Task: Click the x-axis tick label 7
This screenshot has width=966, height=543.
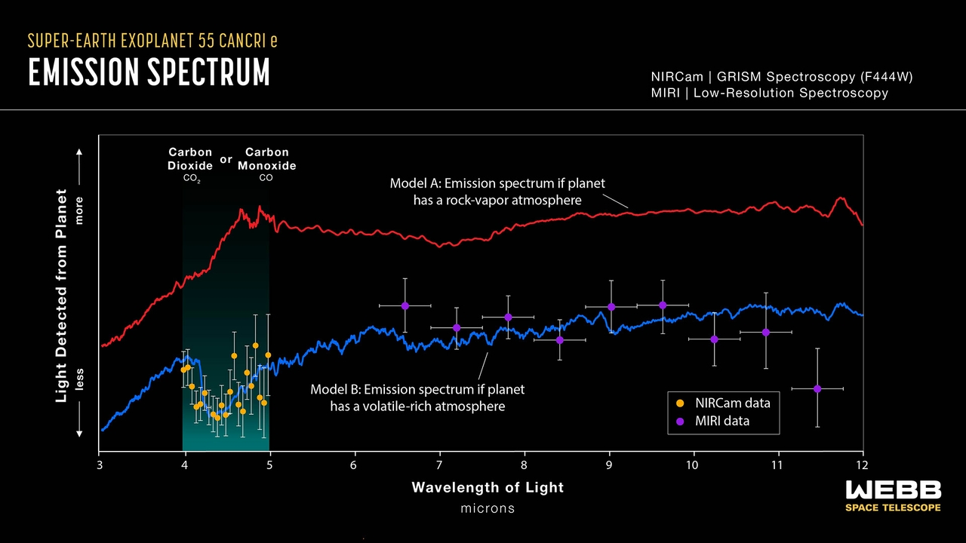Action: (x=439, y=465)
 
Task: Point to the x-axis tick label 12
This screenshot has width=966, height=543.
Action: (x=863, y=465)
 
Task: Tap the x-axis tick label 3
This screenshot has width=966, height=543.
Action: (x=100, y=465)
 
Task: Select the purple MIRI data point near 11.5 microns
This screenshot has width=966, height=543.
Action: (x=817, y=388)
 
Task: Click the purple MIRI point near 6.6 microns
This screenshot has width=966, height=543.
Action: (x=405, y=305)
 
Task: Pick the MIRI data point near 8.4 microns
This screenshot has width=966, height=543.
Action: (x=560, y=339)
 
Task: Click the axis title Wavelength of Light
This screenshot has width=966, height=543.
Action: (x=488, y=487)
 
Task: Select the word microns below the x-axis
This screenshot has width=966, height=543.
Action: (x=488, y=508)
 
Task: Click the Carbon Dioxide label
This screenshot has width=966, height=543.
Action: (x=190, y=159)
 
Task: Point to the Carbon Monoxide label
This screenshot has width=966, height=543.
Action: (x=266, y=159)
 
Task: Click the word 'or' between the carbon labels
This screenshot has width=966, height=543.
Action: (x=226, y=160)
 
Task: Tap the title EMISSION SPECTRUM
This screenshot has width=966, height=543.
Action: (x=149, y=72)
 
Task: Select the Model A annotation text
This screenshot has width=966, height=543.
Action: (x=497, y=192)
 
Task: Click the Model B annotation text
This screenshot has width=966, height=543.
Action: (x=417, y=397)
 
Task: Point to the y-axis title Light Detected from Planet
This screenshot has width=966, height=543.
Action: (x=63, y=295)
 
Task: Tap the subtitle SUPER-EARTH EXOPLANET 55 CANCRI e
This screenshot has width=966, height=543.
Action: (x=152, y=41)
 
